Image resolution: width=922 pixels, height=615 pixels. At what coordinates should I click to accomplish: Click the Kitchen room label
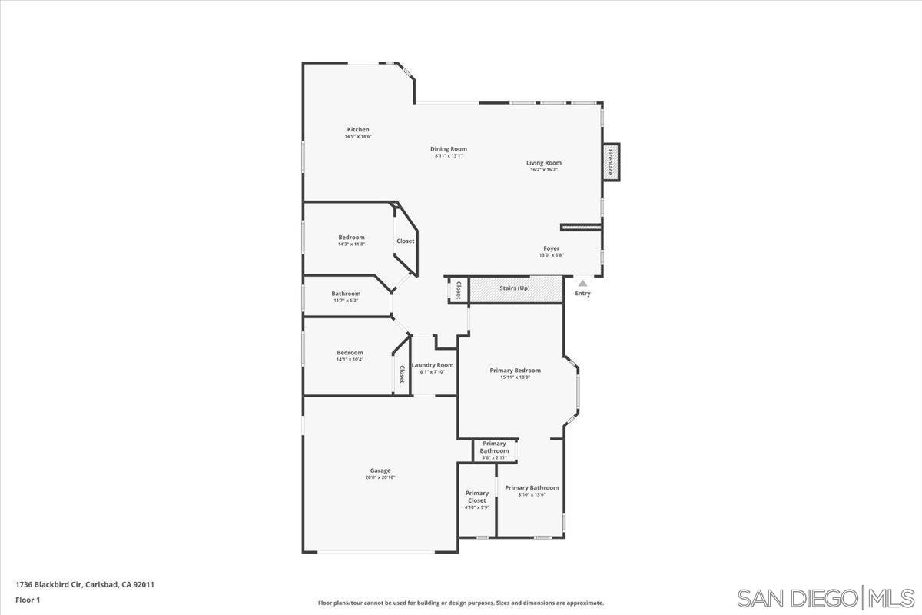(x=358, y=130)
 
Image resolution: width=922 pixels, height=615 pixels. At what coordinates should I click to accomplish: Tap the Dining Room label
(x=448, y=149)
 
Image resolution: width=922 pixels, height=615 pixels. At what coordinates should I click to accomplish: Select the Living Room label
(x=543, y=163)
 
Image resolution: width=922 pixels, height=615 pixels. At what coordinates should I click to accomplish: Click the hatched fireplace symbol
(x=611, y=162)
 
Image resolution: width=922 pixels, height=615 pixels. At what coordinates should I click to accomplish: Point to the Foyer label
(x=552, y=248)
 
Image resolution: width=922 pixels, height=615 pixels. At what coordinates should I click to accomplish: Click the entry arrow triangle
(x=582, y=283)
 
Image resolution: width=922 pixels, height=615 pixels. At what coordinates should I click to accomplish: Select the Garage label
(x=380, y=470)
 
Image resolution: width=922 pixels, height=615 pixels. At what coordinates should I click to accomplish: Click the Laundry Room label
(x=432, y=365)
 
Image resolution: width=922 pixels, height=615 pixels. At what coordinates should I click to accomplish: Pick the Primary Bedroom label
(x=515, y=371)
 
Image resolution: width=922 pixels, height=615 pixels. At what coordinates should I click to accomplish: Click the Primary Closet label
(x=476, y=497)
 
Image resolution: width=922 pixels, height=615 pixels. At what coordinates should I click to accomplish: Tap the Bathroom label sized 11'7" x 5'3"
(x=346, y=294)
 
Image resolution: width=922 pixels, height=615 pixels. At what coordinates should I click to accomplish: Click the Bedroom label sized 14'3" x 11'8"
(x=351, y=238)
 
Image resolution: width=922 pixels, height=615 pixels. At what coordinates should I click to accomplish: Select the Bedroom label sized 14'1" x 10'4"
(x=350, y=353)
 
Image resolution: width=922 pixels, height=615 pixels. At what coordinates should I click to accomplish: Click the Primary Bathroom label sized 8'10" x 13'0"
(x=532, y=488)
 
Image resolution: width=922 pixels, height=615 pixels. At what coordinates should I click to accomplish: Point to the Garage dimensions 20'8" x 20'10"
(x=380, y=478)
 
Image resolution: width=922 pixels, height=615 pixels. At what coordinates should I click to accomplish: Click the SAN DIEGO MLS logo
(x=825, y=597)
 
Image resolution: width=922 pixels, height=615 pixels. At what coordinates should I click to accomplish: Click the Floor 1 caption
(x=27, y=600)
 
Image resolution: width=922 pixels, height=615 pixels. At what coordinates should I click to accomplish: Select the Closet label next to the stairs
(x=459, y=290)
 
